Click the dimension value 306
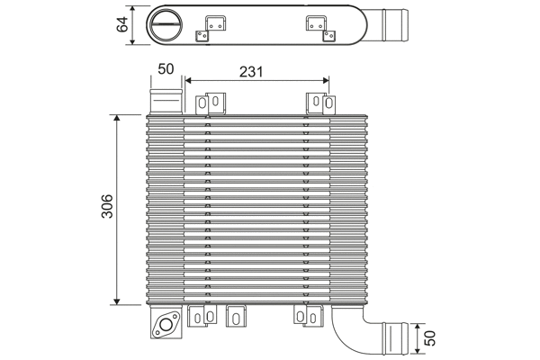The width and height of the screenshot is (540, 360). [106, 209]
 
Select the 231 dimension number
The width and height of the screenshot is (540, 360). [252, 71]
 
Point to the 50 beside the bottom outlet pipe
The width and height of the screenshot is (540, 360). [430, 339]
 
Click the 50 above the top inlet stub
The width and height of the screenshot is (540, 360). [166, 69]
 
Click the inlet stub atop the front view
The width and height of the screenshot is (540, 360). [164, 98]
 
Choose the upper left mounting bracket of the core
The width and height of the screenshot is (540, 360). [215, 103]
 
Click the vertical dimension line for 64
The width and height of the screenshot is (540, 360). [133, 24]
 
